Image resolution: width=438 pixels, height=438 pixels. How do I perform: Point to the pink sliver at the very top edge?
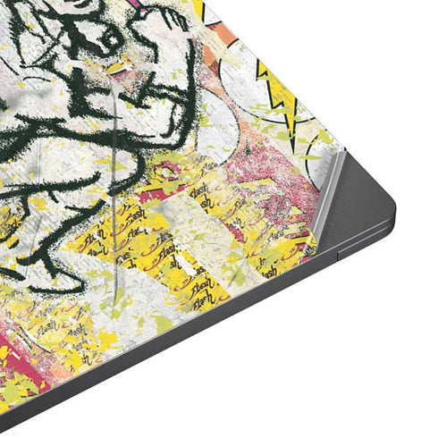[x=143, y=3]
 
